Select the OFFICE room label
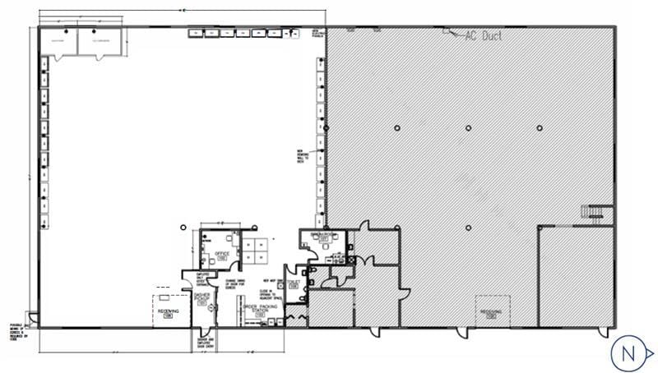click(x=221, y=255)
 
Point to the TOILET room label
click(x=294, y=284)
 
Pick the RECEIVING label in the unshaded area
click(x=168, y=313)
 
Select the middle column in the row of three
click(x=467, y=127)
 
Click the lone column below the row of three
click(x=467, y=228)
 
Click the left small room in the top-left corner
click(x=59, y=41)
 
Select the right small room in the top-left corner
click(x=101, y=41)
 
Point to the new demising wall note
click(x=302, y=158)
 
